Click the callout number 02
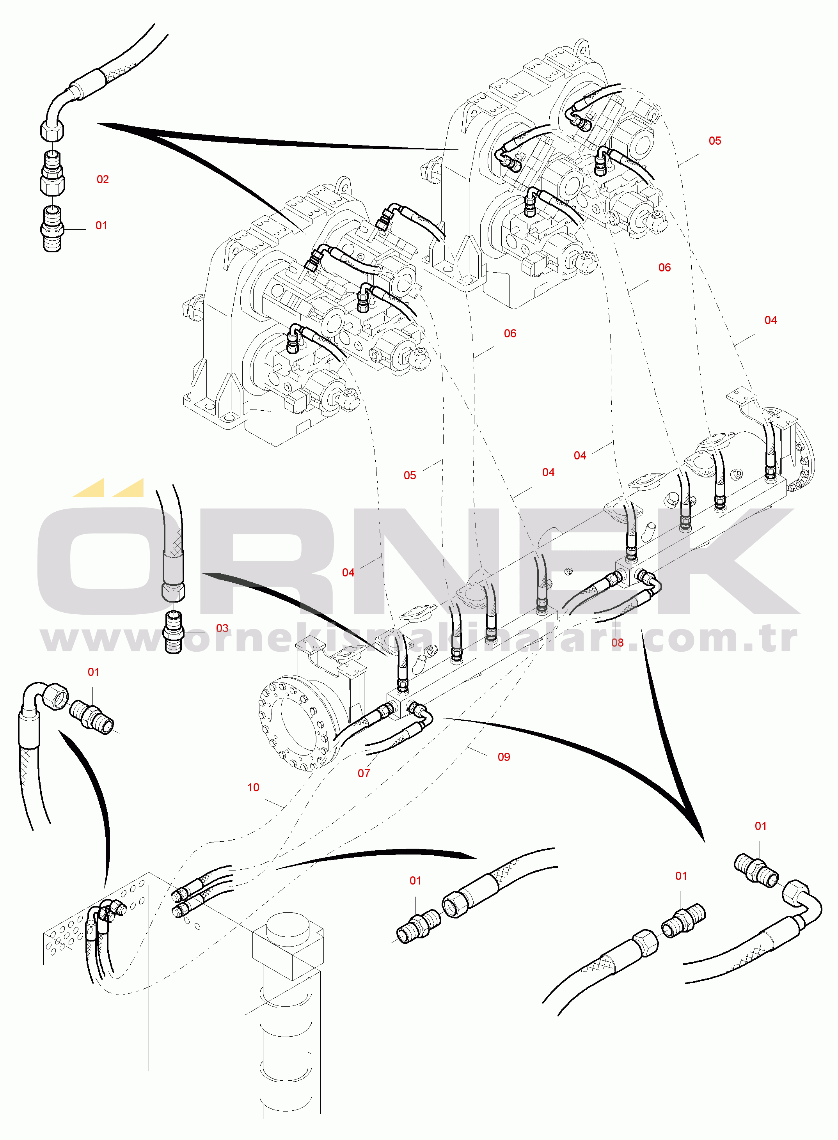[x=103, y=179]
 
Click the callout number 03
[x=222, y=628]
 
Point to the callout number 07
[x=364, y=773]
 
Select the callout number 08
[x=617, y=642]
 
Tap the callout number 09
[x=504, y=757]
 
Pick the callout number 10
[x=253, y=787]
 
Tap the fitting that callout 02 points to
[x=52, y=172]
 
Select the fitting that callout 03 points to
[x=174, y=632]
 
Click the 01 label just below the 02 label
[x=101, y=226]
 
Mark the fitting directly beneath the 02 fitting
[x=52, y=229]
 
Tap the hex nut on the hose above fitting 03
[x=173, y=592]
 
